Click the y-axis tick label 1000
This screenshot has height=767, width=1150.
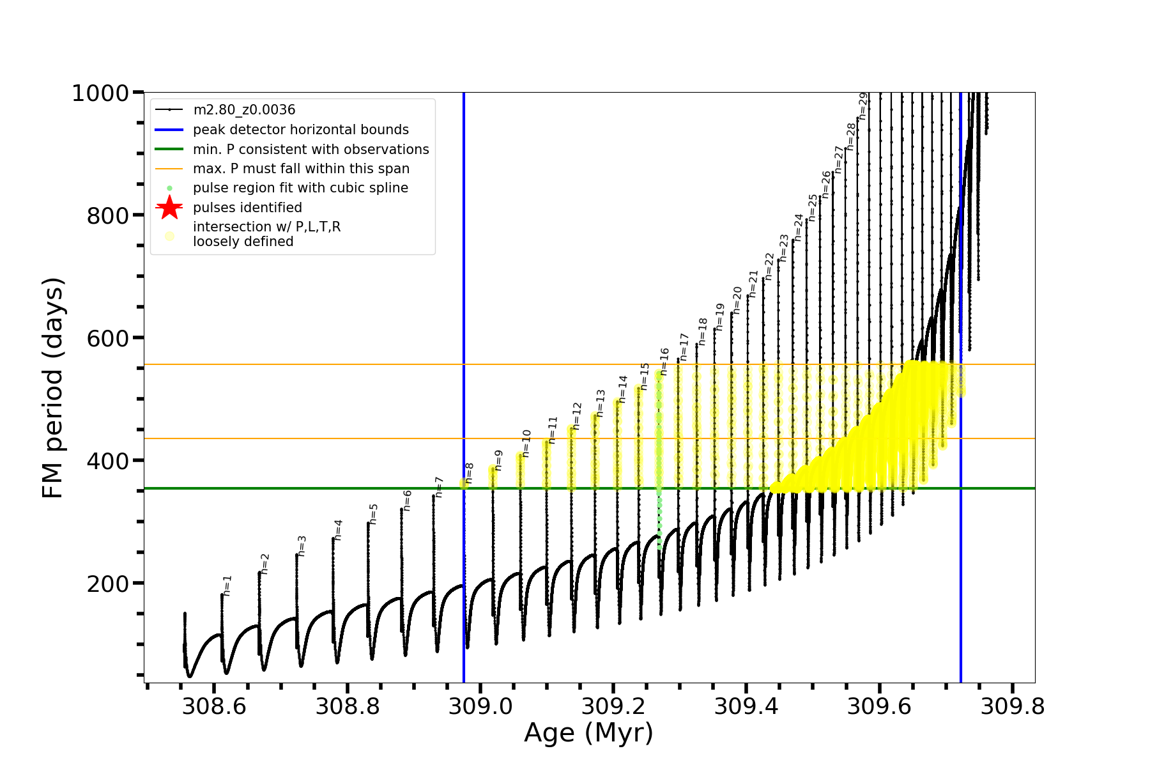tap(100, 93)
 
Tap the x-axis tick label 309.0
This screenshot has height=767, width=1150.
tap(480, 706)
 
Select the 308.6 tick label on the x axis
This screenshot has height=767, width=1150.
tap(214, 706)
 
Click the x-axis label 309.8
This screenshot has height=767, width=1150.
tap(1013, 706)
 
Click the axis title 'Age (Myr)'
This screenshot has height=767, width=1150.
tap(588, 733)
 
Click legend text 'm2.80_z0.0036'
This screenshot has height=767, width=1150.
tap(244, 110)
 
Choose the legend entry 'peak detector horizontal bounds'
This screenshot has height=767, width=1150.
tap(300, 130)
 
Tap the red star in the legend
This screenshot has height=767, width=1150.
tap(169, 208)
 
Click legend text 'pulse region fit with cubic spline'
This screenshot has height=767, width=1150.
tap(300, 188)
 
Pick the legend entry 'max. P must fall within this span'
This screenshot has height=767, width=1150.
tap(301, 169)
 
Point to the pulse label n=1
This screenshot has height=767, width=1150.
tap(227, 585)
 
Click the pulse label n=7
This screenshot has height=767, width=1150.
tap(439, 487)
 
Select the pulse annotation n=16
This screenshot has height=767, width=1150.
tap(664, 361)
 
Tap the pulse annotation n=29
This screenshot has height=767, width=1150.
tap(862, 106)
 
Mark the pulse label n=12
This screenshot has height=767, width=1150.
tap(577, 415)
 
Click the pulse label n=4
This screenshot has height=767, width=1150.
tap(339, 530)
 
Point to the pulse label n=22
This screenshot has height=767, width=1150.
tap(769, 266)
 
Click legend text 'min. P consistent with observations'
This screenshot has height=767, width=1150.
tap(310, 150)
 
